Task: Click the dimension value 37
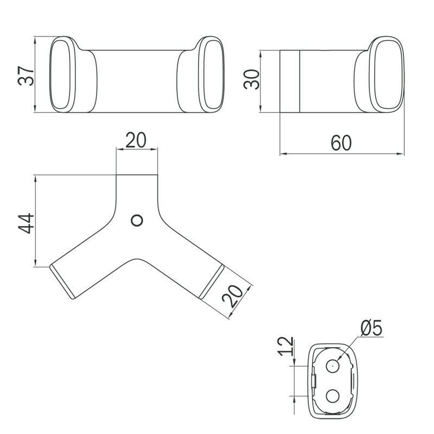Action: (25, 75)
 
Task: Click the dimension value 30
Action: (252, 79)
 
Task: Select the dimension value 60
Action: (341, 143)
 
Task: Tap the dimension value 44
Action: (25, 224)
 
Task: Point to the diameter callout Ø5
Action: (372, 328)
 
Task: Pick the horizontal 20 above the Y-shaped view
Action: (136, 140)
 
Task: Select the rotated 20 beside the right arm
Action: (233, 296)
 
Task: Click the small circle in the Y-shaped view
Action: (137, 221)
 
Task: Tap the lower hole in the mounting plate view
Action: (333, 396)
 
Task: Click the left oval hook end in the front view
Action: (62, 74)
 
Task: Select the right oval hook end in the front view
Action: (211, 74)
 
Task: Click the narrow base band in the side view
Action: (290, 81)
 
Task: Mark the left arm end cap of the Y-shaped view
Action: (62, 282)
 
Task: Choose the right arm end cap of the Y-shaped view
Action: (212, 282)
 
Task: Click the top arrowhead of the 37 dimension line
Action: (35, 40)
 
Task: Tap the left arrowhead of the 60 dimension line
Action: (284, 154)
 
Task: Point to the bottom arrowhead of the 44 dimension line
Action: (35, 263)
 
